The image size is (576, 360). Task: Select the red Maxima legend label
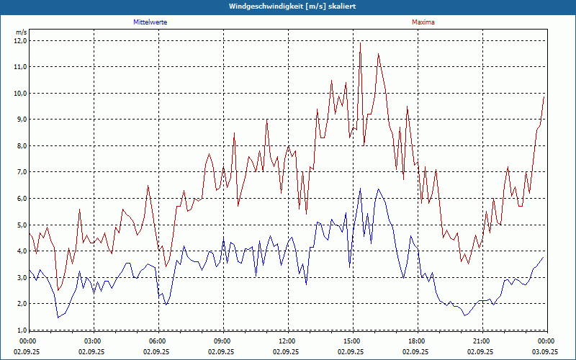click(x=423, y=22)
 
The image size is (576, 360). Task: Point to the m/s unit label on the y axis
click(x=21, y=32)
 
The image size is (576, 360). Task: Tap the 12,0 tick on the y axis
click(x=20, y=40)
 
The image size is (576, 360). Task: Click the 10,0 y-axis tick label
click(x=20, y=93)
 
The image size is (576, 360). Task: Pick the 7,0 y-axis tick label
click(x=20, y=172)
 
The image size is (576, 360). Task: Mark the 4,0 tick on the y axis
click(x=20, y=251)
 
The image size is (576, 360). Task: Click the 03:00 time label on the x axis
click(x=92, y=341)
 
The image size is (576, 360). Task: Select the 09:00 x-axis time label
click(x=222, y=341)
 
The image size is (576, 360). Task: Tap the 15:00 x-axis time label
click(x=351, y=341)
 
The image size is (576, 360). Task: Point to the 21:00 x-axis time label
click(x=481, y=341)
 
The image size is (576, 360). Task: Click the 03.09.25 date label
click(x=545, y=352)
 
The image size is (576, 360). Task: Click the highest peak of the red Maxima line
click(x=360, y=42)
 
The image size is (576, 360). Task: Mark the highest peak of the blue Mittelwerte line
click(x=360, y=189)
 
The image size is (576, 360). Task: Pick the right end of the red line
click(x=544, y=95)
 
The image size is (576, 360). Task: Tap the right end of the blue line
click(x=543, y=257)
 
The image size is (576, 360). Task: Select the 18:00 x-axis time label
click(x=416, y=341)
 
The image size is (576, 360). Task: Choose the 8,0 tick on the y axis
click(x=20, y=145)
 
